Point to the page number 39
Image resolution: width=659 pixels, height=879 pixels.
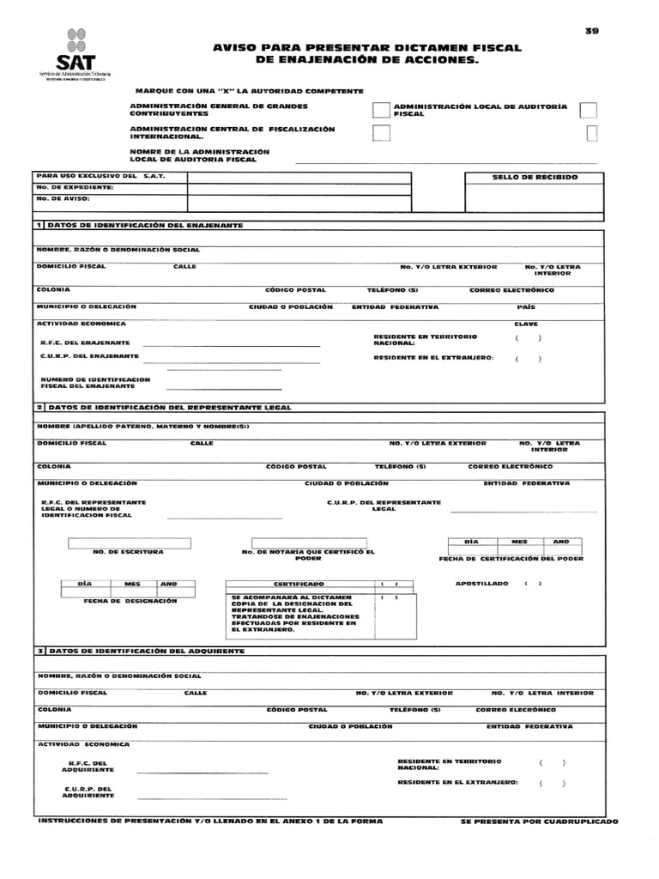pos(592,31)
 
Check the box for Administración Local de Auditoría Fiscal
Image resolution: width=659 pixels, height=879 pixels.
pos(589,110)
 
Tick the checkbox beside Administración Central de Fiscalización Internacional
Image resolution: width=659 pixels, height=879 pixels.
pos(381,133)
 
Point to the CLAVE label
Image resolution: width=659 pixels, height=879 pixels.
pos(526,324)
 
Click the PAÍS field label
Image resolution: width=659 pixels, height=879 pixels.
pos(526,306)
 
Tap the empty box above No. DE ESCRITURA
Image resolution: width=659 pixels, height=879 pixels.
pos(130,543)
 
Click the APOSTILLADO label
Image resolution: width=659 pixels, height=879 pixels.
pos(481,584)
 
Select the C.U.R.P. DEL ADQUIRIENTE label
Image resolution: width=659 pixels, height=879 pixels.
pos(89,791)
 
